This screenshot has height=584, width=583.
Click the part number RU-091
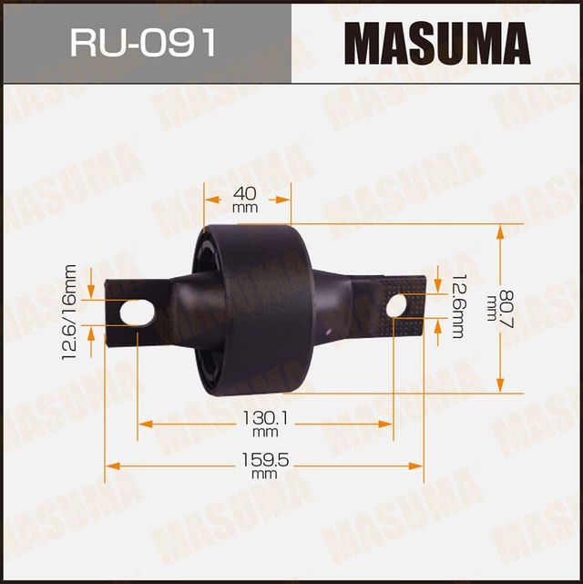(x=146, y=42)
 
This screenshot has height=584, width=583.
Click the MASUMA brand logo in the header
(x=437, y=43)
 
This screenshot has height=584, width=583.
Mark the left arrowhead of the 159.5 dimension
(x=111, y=466)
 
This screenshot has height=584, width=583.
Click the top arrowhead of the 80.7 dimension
(x=500, y=231)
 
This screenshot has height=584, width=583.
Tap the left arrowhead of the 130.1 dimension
(x=144, y=424)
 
